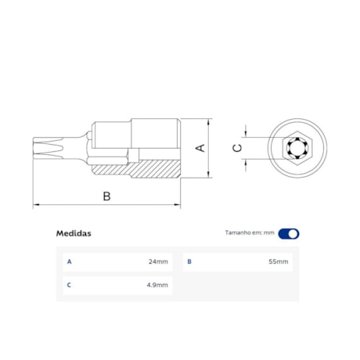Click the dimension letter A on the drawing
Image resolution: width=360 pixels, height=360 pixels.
[x=200, y=147]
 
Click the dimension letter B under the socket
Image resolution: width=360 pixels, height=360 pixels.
[x=107, y=196]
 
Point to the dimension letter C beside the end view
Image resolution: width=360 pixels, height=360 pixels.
[x=238, y=147]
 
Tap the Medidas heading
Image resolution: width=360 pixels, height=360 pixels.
[x=74, y=233]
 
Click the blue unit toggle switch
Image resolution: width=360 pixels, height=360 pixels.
[x=289, y=233]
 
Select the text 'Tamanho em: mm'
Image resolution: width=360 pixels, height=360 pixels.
[x=250, y=233]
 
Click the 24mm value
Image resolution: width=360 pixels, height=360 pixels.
[x=157, y=261]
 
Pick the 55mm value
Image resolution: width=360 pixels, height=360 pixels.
[x=278, y=261]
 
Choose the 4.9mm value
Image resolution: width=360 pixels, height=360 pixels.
[x=157, y=285]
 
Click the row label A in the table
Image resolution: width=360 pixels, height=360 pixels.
[x=69, y=261]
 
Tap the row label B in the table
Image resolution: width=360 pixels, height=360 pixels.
[x=189, y=261]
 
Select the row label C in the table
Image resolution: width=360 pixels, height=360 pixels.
[x=69, y=285]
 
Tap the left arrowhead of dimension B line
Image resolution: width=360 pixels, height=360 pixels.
[x=36, y=206]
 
